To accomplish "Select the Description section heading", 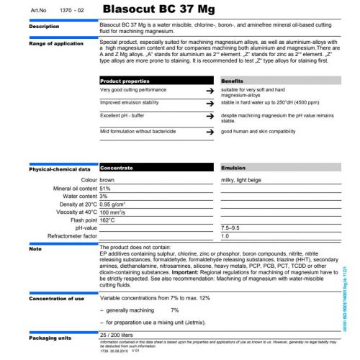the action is click(x=44, y=27).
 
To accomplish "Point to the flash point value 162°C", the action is click(x=109, y=220).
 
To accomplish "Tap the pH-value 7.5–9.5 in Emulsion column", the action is click(x=233, y=228).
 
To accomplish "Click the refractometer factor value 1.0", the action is click(x=225, y=235).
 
